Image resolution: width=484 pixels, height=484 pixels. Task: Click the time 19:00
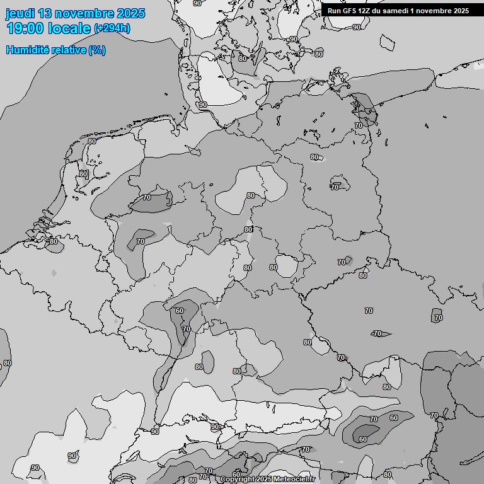click(x=25, y=29)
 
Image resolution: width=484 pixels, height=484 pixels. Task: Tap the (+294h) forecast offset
click(x=112, y=28)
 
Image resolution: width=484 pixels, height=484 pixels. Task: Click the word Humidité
click(x=28, y=50)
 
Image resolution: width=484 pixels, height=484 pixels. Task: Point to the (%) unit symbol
click(x=97, y=50)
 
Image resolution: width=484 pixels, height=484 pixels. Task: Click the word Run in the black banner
click(x=335, y=11)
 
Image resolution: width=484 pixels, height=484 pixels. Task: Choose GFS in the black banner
click(x=350, y=11)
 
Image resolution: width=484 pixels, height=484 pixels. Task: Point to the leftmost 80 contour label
click(x=8, y=363)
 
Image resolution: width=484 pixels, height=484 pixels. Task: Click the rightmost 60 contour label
click(x=394, y=418)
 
